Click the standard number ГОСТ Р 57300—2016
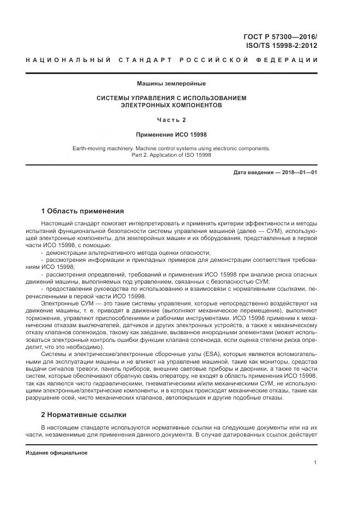pyautogui.click(x=279, y=37)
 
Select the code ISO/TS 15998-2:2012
pyautogui.click(x=281, y=46)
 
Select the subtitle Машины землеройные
pyautogui.click(x=171, y=84)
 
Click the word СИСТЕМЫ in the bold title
pyautogui.click(x=115, y=98)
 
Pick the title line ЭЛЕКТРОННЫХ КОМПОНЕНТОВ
pyautogui.click(x=171, y=105)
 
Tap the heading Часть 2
pyautogui.click(x=171, y=120)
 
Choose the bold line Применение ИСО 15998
pyautogui.click(x=171, y=134)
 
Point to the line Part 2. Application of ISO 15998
pyautogui.click(x=171, y=155)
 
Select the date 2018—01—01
pyautogui.click(x=297, y=173)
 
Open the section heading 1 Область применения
pyautogui.click(x=82, y=211)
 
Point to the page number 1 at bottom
pyautogui.click(x=315, y=462)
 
